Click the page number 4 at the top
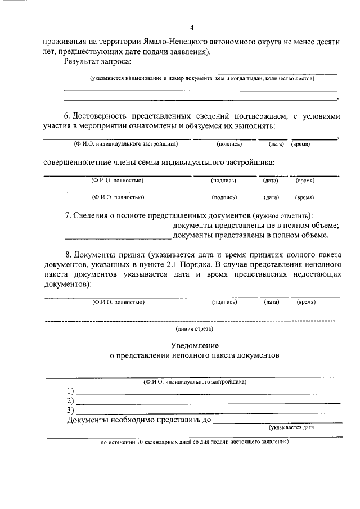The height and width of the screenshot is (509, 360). [192, 28]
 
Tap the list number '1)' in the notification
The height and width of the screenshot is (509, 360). [70, 391]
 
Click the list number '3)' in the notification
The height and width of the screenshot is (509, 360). [70, 409]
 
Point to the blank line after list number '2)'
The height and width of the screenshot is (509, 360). [208, 402]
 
